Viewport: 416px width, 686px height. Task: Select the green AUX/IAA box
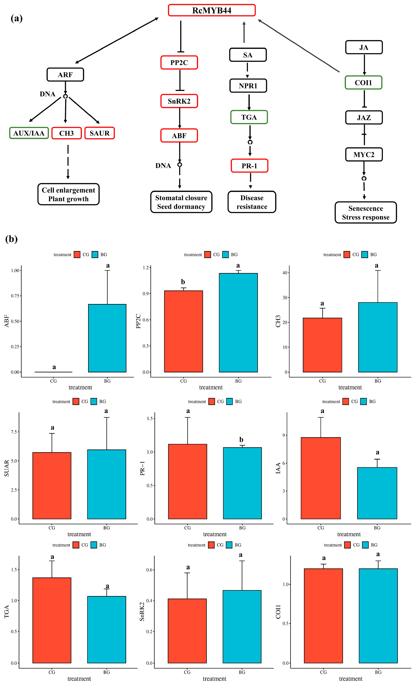[29, 133]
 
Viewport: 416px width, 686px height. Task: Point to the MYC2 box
[364, 154]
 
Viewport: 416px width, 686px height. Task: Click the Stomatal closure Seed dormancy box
[181, 202]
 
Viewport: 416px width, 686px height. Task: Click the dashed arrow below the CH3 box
[68, 162]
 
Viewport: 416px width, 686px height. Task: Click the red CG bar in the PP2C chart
[183, 331]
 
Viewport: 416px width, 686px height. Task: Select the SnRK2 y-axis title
[142, 612]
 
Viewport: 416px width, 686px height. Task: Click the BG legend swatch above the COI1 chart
[365, 545]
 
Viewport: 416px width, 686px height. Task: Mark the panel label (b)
[11, 239]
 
